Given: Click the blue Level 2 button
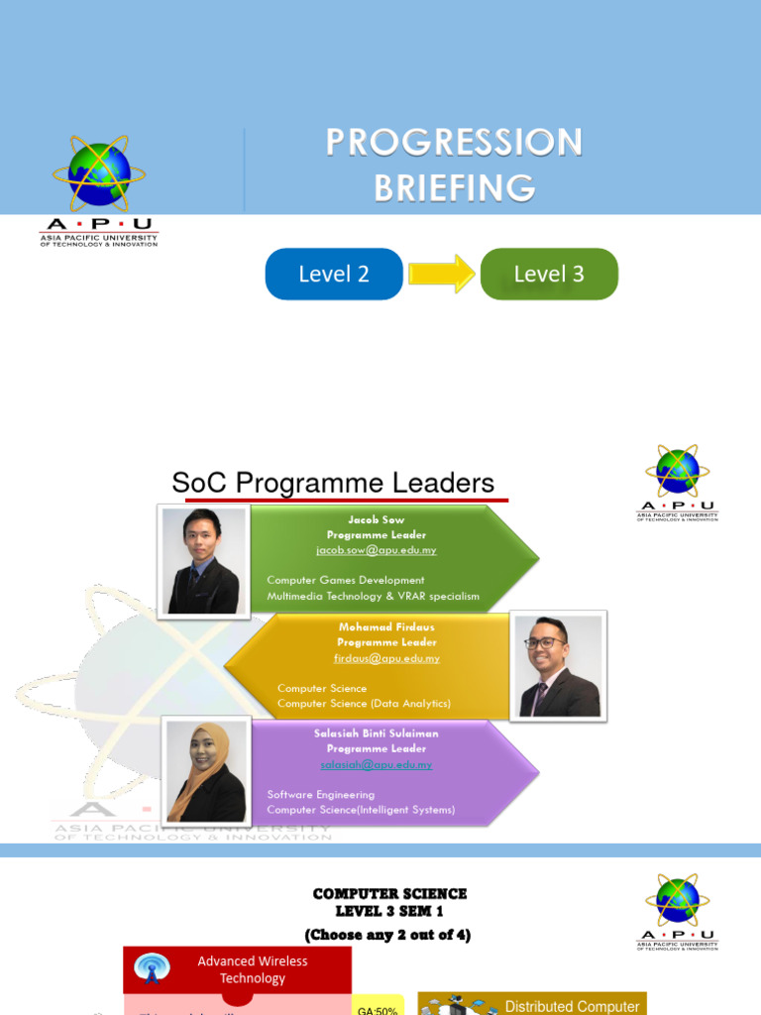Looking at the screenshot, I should [334, 275].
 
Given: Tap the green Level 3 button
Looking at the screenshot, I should [549, 275].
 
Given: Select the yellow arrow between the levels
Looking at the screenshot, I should [442, 274].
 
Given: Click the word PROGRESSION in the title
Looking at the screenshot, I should [454, 143].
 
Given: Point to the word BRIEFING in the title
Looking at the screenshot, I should [454, 187].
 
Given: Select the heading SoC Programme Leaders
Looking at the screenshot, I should [333, 484].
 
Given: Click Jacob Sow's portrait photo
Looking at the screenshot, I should [202, 561].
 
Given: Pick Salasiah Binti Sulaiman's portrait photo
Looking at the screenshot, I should [206, 771].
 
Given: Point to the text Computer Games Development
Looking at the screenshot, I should [346, 580].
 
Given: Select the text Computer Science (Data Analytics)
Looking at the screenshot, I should [364, 704].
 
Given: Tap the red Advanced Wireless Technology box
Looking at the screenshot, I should [252, 969].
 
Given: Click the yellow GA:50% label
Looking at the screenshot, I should [380, 1008].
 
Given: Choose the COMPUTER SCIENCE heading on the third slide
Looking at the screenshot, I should [389, 894].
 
